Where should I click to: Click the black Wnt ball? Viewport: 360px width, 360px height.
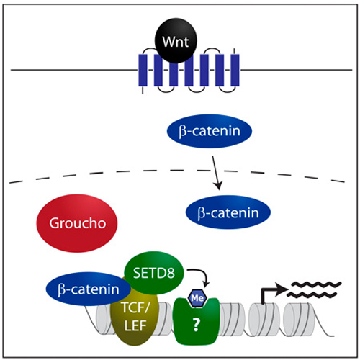[176, 40]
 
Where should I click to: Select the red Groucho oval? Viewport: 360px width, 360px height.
[77, 223]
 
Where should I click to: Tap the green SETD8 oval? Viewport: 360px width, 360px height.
[154, 273]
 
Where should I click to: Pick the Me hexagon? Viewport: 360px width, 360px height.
[197, 298]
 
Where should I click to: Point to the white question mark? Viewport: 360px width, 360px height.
[196, 325]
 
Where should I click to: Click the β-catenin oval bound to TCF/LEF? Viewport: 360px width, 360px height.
[88, 289]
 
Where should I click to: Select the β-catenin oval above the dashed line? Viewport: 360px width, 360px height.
[210, 131]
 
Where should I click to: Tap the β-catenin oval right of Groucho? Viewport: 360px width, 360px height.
[228, 212]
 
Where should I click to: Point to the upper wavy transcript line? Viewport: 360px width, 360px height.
[316, 284]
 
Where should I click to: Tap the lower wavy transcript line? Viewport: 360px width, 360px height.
[311, 294]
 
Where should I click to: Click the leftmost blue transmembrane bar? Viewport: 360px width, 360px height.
[143, 70]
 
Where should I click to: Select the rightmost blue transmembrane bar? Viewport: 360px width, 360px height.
[235, 70]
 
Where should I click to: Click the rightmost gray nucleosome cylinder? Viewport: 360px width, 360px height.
[299, 319]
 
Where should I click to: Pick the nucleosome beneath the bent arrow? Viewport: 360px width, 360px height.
[264, 319]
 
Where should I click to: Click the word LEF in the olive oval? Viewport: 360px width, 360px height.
[135, 325]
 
